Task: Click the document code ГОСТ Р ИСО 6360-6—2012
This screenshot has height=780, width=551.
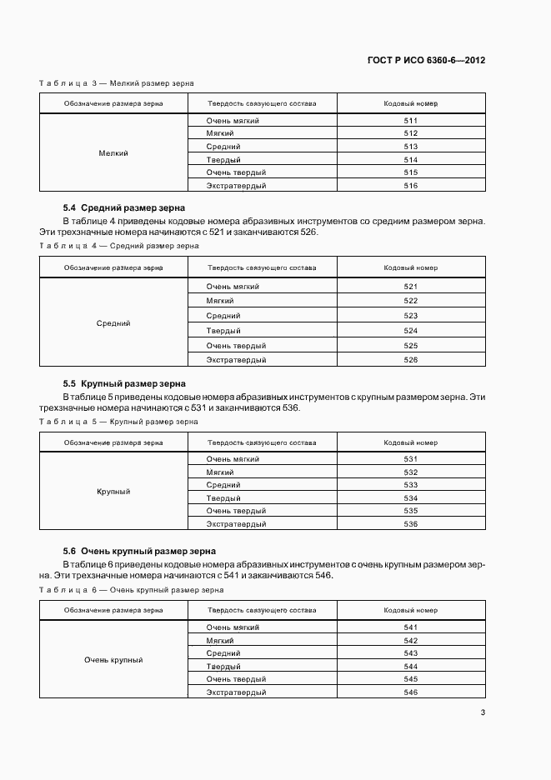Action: click(426, 61)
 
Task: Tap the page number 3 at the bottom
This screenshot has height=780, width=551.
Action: click(483, 712)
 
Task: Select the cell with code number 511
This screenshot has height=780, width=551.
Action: click(410, 121)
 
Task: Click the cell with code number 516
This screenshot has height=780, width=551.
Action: click(410, 186)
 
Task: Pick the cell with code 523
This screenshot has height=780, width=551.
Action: click(410, 316)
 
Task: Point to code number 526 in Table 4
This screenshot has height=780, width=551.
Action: click(410, 360)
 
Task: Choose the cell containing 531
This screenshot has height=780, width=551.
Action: click(410, 459)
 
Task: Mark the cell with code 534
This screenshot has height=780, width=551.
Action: click(410, 498)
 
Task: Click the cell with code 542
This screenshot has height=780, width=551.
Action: click(410, 640)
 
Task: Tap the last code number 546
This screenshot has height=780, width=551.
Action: click(410, 692)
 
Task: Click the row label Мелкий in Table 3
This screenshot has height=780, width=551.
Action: click(113, 153)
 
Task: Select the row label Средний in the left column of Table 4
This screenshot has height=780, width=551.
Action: click(113, 323)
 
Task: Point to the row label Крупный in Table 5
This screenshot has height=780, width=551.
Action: click(113, 492)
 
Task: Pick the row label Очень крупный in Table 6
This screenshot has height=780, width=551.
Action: click(113, 660)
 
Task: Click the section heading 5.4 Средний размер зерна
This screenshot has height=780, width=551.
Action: click(124, 207)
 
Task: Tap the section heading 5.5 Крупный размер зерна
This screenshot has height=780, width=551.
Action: click(124, 383)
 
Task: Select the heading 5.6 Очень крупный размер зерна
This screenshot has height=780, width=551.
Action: click(139, 551)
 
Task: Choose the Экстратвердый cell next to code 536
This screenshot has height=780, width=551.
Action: click(237, 524)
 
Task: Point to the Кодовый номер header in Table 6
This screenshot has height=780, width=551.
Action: click(410, 610)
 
